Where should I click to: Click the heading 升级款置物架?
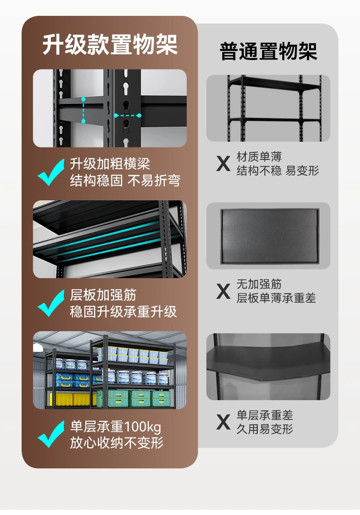(110, 44)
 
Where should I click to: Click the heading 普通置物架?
(268, 51)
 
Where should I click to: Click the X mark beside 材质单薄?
(224, 163)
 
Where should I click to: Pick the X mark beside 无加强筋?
(224, 291)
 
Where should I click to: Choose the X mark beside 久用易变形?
(224, 422)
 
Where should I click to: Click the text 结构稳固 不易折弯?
(125, 180)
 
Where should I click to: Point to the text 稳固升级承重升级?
(123, 311)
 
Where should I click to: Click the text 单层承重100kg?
(116, 427)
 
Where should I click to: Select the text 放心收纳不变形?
(117, 442)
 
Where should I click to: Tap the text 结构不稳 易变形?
(277, 171)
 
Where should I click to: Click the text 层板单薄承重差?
(276, 298)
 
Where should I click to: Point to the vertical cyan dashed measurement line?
(84, 110)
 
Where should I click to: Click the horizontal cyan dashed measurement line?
(127, 115)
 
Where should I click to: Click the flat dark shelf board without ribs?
(269, 236)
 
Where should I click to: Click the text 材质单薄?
(259, 157)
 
